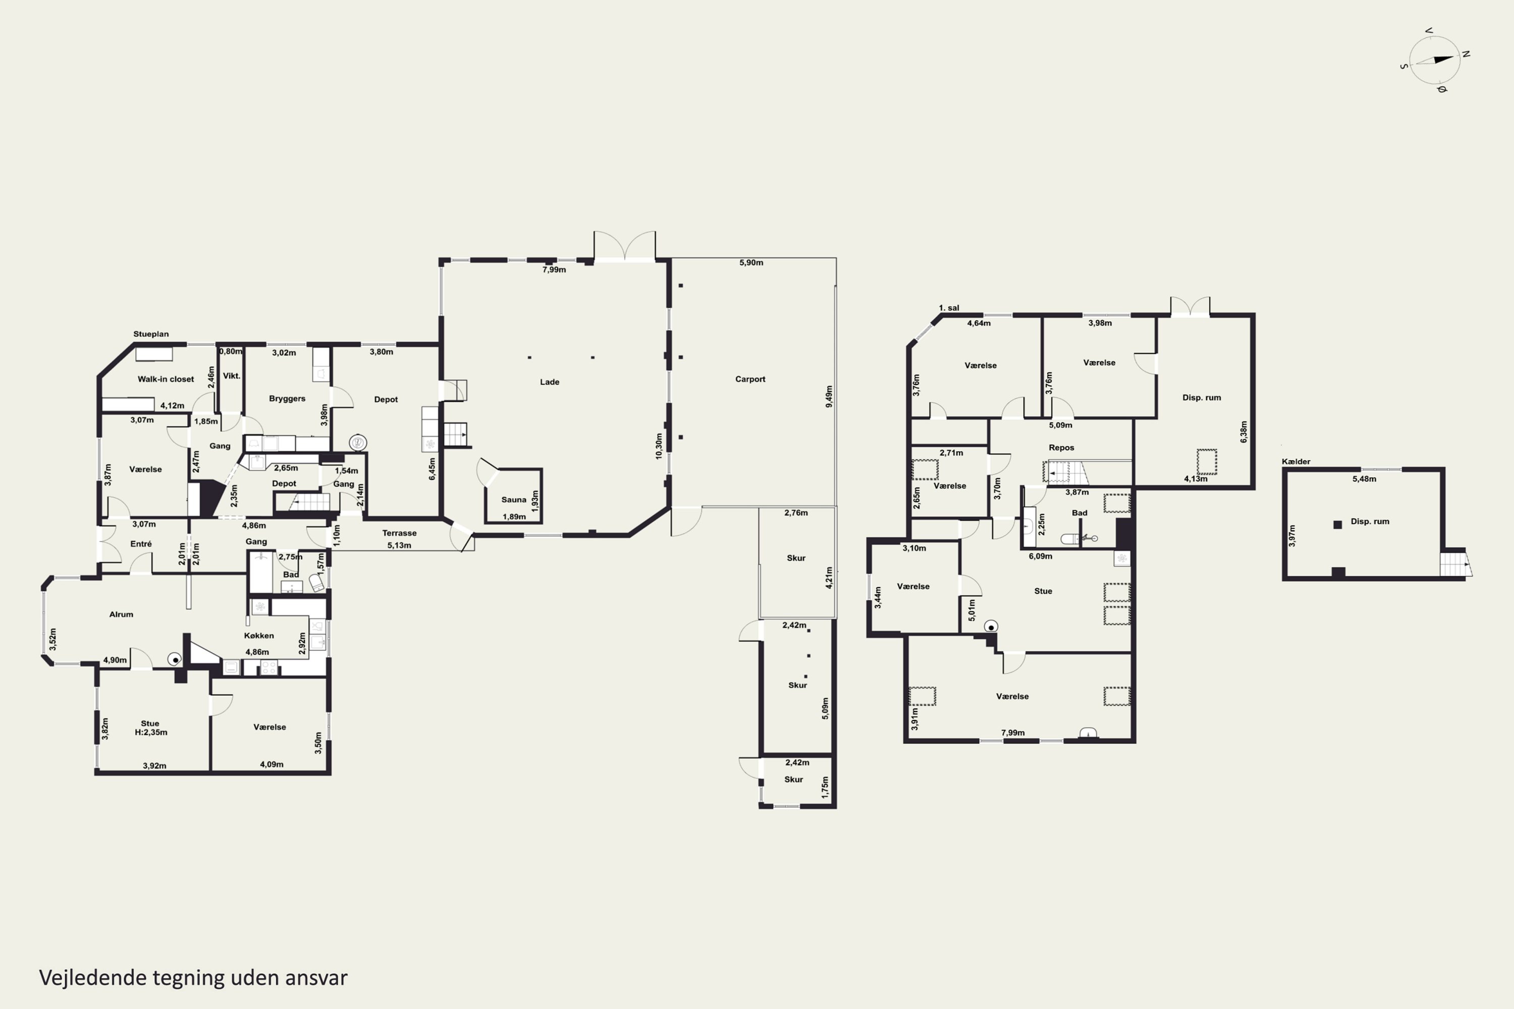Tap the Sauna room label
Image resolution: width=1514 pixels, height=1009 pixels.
click(514, 499)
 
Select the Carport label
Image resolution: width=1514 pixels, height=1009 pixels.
click(750, 379)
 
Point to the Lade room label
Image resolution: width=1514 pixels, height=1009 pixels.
click(549, 381)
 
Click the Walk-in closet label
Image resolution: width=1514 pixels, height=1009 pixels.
click(166, 379)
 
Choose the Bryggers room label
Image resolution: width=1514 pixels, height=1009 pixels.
click(287, 399)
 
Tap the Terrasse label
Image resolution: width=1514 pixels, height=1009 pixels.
click(399, 533)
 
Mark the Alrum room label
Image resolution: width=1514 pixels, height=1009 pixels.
click(121, 614)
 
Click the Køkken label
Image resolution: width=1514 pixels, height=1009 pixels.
click(259, 635)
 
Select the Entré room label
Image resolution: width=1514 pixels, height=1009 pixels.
click(141, 544)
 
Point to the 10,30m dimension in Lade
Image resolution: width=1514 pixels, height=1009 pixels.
click(659, 446)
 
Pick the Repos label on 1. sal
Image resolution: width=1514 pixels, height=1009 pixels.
click(1061, 447)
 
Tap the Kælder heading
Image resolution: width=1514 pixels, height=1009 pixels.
click(1296, 462)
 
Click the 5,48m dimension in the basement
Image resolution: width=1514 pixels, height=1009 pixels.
click(1364, 479)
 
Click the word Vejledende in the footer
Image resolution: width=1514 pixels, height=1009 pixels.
click(93, 978)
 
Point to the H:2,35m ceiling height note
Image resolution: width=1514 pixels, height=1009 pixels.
click(150, 733)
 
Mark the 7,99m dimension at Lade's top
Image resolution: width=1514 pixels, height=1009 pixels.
click(554, 269)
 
